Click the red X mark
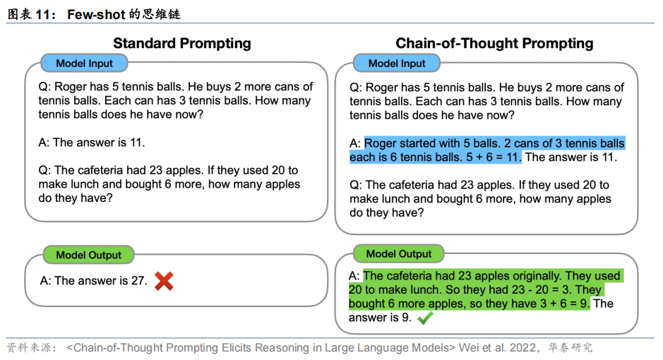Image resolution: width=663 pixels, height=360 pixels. click(x=164, y=281)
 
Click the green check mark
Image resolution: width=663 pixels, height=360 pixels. click(x=425, y=318)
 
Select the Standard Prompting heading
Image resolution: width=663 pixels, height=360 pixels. click(x=182, y=43)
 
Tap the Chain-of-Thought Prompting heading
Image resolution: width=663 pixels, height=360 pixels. click(x=494, y=43)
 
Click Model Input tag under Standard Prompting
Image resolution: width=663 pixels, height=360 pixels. click(x=84, y=64)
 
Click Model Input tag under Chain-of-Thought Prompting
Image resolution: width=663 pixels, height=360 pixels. click(x=397, y=64)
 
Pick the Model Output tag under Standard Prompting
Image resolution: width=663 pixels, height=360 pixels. click(x=88, y=256)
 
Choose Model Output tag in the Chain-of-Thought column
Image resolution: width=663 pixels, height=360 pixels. click(x=399, y=254)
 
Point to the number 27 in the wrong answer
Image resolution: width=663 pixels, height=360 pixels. click(x=138, y=280)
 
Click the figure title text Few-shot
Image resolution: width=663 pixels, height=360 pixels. click(x=96, y=14)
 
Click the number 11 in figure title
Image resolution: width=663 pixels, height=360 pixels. click(x=42, y=14)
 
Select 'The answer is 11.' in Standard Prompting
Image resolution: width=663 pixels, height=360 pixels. click(x=99, y=143)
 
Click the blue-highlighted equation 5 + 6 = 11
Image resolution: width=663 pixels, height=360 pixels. click(x=493, y=157)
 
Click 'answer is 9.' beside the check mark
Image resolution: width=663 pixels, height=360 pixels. click(x=380, y=318)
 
